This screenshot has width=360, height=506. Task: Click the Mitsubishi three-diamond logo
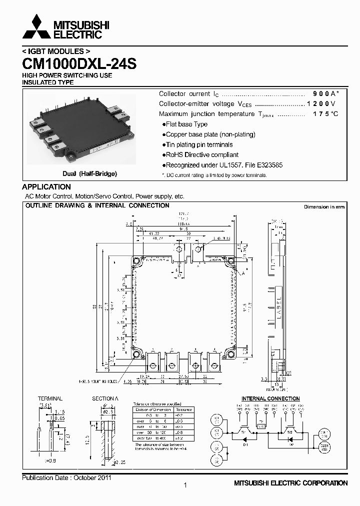click(36, 28)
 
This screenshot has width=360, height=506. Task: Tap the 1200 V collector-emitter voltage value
click(321, 104)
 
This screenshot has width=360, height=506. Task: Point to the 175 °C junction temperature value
click(325, 114)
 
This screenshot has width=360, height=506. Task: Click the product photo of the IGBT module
click(80, 129)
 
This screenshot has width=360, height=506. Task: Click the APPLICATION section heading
click(46, 187)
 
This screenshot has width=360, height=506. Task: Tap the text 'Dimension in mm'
click(324, 206)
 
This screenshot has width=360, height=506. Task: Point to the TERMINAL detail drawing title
click(50, 398)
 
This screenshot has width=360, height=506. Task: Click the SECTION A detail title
click(105, 398)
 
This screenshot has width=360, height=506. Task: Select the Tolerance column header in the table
click(183, 409)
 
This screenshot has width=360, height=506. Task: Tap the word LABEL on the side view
click(279, 305)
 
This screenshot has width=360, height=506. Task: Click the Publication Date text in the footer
click(66, 477)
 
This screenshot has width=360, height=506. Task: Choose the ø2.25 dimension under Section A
click(118, 463)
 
